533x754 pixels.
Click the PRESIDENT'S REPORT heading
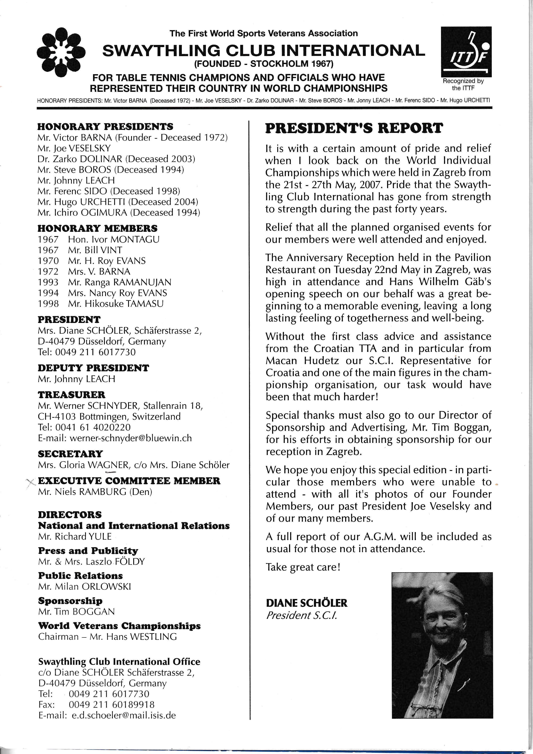click(x=354, y=128)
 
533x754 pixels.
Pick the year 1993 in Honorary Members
click(x=48, y=282)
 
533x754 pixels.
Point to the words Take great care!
click(x=303, y=567)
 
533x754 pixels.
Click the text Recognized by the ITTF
click(x=463, y=84)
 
